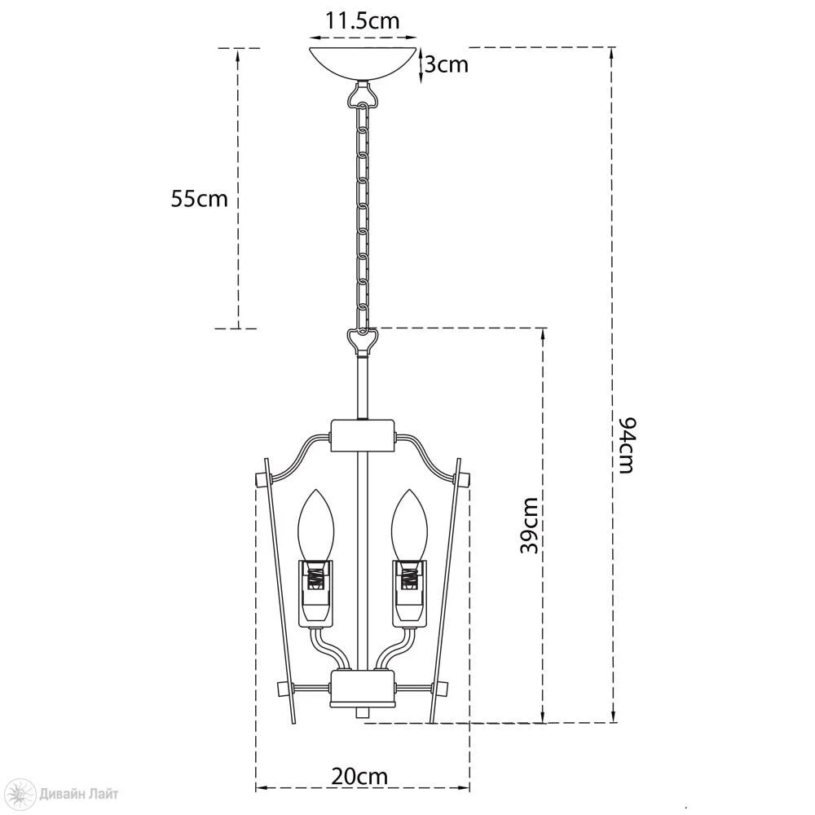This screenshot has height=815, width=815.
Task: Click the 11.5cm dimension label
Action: (x=363, y=21)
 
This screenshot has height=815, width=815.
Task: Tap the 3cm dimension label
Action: (x=447, y=64)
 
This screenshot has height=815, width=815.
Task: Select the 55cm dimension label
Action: (x=200, y=199)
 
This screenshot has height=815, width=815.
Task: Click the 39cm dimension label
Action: (x=530, y=526)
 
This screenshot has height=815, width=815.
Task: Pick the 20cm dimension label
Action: (x=359, y=777)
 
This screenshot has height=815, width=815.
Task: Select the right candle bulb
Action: (x=408, y=525)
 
